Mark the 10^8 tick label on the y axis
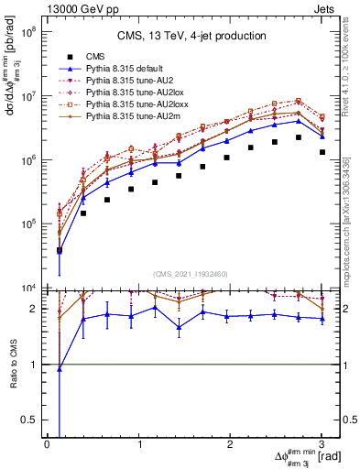[x=29, y=31]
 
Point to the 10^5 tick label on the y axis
[x=29, y=224]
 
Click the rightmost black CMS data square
[x=322, y=152]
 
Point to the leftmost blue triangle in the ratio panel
[x=60, y=369]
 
